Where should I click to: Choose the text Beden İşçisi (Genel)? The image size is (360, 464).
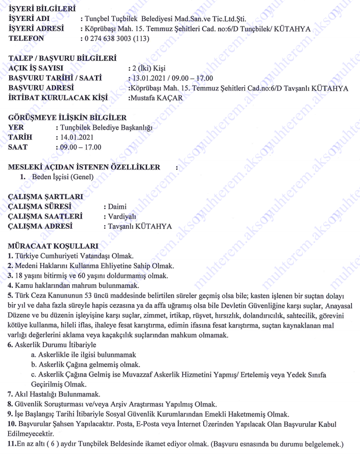(63, 177)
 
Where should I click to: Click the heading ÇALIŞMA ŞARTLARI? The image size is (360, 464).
(45, 197)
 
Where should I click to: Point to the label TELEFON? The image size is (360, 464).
(27, 38)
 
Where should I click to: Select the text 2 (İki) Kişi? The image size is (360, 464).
(149, 68)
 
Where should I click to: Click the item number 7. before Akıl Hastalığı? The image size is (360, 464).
(10, 394)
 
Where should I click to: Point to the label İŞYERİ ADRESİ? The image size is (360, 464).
(37, 29)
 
